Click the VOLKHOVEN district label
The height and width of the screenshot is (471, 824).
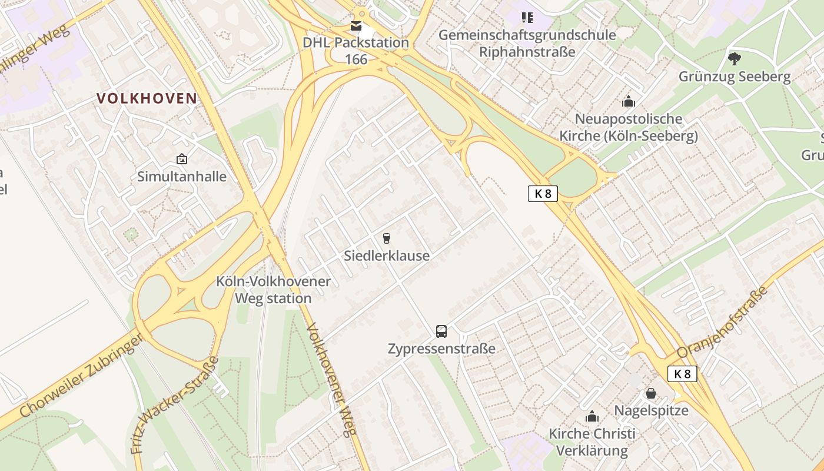(147, 98)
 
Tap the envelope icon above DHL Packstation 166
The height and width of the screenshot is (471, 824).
(356, 26)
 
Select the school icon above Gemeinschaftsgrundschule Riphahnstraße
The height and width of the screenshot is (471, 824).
(527, 18)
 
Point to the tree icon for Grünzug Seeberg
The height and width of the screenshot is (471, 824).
(734, 59)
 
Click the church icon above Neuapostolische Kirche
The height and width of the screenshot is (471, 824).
(629, 101)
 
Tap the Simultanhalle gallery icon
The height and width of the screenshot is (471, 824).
(182, 159)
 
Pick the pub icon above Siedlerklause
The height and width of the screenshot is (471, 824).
(387, 238)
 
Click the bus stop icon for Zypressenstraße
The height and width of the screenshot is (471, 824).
(441, 331)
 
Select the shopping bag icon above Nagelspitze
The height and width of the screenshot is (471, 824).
(651, 393)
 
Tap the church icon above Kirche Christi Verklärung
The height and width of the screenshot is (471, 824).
(592, 417)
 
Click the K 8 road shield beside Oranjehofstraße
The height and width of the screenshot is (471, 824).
(682, 374)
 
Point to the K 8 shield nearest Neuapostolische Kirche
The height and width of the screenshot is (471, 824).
(542, 194)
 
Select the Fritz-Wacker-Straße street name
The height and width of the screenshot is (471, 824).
(175, 404)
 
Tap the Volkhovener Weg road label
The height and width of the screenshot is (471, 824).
(331, 380)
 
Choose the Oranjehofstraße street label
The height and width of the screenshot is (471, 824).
(723, 323)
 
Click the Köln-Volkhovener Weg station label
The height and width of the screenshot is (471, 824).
(273, 290)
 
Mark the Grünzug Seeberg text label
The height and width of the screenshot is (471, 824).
(734, 77)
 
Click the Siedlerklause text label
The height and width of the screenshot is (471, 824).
(387, 256)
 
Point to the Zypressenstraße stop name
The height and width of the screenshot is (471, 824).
(441, 349)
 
